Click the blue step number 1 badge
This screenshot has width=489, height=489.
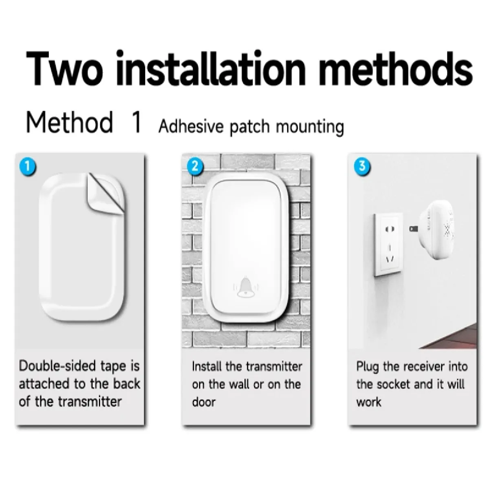[28, 167]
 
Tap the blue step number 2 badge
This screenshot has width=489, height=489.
[195, 166]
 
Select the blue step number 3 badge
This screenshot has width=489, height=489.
[362, 166]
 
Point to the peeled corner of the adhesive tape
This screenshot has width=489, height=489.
[105, 194]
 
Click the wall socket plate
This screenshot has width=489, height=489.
[388, 244]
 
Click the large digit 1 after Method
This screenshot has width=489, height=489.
[137, 122]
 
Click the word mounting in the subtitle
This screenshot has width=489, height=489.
[310, 127]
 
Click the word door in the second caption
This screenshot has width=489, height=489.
[204, 402]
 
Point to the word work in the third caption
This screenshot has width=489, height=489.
[369, 402]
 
